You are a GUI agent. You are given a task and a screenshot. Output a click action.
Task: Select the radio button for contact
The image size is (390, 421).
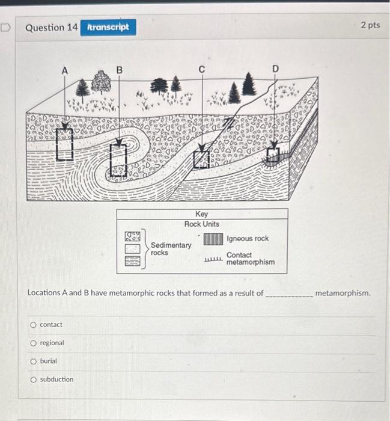point(33,325)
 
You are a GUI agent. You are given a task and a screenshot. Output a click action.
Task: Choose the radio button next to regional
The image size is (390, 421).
point(33,343)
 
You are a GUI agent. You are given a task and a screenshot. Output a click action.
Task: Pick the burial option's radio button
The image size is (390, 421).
point(33,361)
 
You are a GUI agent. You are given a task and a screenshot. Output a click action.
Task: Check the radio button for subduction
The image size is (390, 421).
point(33,380)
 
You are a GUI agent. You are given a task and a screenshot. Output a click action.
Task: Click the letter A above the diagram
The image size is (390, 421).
point(64,70)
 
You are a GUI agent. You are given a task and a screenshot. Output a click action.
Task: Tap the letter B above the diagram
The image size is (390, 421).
point(119,70)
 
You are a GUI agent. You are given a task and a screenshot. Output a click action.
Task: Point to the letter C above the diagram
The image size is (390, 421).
point(202,70)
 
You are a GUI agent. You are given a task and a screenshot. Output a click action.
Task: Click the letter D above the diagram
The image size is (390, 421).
point(275,70)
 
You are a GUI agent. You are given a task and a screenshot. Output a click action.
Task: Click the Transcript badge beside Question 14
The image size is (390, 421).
point(108,28)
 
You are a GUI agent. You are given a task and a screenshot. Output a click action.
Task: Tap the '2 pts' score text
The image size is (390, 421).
point(370,25)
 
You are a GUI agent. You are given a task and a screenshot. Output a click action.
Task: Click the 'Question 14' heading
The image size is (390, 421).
point(52,28)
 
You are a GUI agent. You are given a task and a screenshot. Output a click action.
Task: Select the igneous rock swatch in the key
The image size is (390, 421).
point(213,239)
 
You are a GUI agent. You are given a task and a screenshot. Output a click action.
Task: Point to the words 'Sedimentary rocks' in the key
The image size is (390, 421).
point(171,248)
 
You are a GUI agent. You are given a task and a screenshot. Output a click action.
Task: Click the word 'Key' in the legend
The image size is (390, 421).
point(202,215)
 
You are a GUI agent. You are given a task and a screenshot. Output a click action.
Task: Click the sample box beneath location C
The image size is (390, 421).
point(201,158)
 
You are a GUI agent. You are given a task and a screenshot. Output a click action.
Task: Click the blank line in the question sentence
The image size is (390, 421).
point(288,293)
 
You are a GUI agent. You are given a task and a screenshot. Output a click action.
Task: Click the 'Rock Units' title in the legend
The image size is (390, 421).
point(202,224)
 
